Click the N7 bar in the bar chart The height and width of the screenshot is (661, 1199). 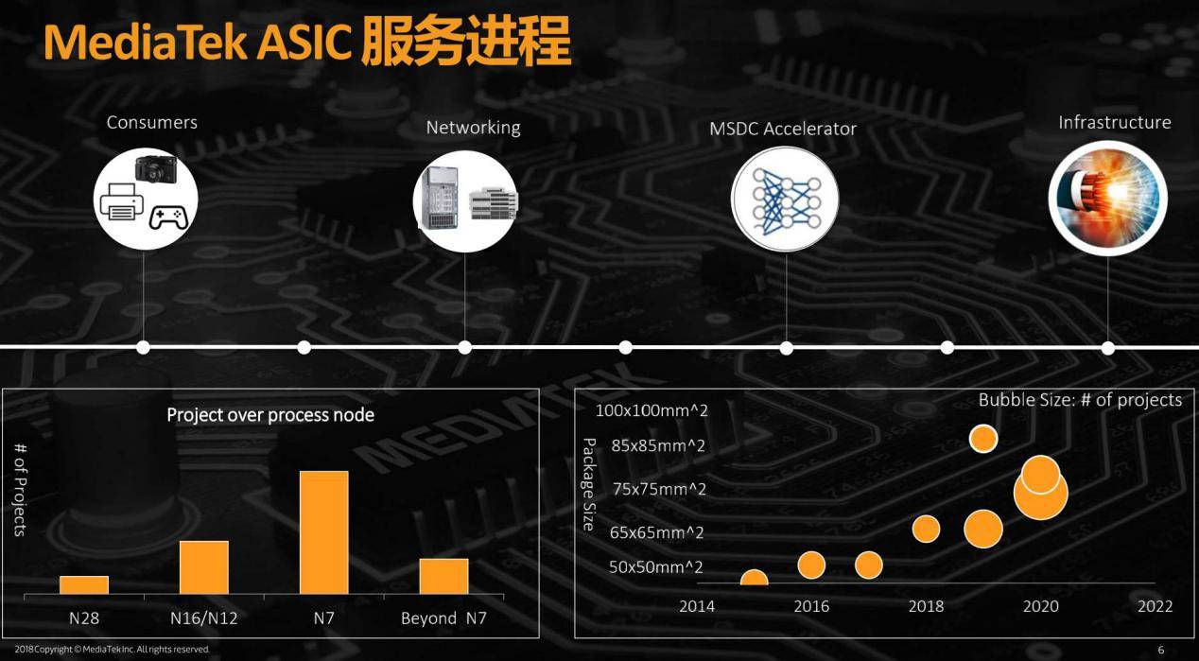coord(323,532)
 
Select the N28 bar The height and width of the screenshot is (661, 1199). coord(84,585)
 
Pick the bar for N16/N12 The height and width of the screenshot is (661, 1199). coord(204,567)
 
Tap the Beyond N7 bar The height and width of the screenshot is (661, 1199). coord(443,577)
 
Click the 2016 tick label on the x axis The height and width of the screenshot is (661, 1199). coord(811,606)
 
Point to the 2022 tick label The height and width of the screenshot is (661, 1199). coord(1156,606)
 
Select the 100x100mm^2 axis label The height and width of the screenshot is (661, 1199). coord(652,410)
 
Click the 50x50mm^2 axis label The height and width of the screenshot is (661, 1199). coord(655,566)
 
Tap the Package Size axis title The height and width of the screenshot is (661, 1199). coord(589,484)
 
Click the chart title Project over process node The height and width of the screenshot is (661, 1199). coord(270,415)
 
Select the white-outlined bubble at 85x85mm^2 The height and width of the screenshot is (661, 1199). coord(983,439)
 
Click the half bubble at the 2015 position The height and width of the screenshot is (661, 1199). coord(755,578)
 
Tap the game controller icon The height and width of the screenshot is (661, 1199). coord(168,217)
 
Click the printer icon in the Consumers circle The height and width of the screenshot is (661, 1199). coord(121,201)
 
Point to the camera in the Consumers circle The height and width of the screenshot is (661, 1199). coord(156,169)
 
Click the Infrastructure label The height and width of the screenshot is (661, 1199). coord(1115,123)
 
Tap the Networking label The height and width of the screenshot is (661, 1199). coord(473,128)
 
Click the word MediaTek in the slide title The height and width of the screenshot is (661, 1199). coord(145,42)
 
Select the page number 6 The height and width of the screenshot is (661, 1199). coord(1161,650)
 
